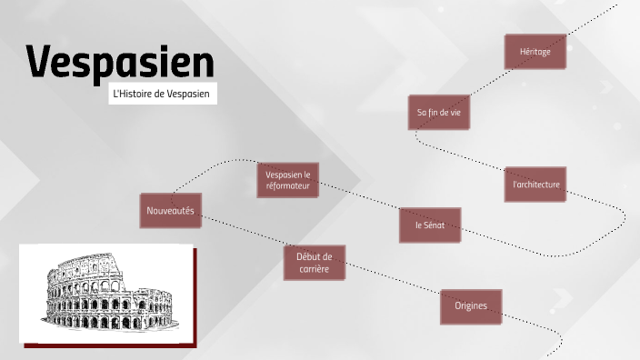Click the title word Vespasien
click(120, 62)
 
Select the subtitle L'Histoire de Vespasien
click(163, 95)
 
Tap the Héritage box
click(535, 52)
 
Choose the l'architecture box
click(535, 185)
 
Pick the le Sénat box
click(430, 225)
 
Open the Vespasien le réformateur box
click(287, 180)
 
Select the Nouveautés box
click(170, 211)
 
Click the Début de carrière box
click(314, 263)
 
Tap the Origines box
click(471, 305)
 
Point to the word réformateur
click(288, 186)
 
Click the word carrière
click(314, 269)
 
